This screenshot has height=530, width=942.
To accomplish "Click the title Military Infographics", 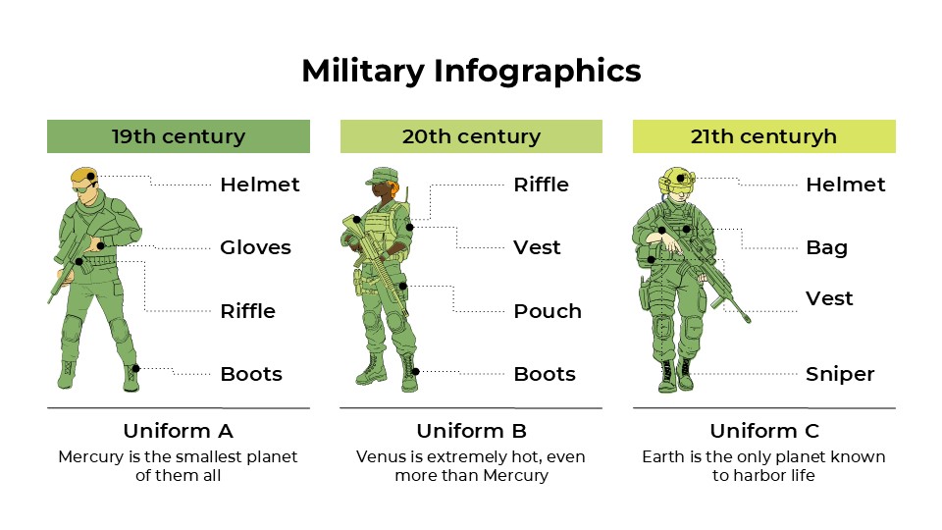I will point(471,71).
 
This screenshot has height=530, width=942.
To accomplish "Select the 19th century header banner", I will point(178,136).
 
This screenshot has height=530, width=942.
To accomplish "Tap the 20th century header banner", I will point(471,136).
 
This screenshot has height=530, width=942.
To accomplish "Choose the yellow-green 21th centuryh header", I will point(763,136).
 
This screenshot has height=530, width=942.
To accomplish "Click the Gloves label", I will point(255,247).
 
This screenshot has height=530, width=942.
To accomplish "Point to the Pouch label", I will point(548,311).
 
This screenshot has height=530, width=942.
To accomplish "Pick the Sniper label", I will point(840,374).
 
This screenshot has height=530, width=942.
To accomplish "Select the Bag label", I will point(826,247).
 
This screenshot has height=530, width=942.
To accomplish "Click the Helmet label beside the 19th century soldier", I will point(259,185).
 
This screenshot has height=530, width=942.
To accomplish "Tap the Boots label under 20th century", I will point(545,374).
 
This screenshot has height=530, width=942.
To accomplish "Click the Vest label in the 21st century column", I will point(829,298).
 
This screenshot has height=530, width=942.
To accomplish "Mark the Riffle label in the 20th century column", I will point(541,185).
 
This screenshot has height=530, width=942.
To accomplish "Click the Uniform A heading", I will point(178,431).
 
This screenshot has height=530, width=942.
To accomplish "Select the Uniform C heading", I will point(763,431).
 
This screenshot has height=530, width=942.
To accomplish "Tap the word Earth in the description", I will point(665,457).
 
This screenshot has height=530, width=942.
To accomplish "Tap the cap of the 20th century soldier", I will point(379,176).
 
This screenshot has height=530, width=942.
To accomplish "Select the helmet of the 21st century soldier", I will point(677,179).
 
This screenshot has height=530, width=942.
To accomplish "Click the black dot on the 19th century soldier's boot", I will point(136,368).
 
